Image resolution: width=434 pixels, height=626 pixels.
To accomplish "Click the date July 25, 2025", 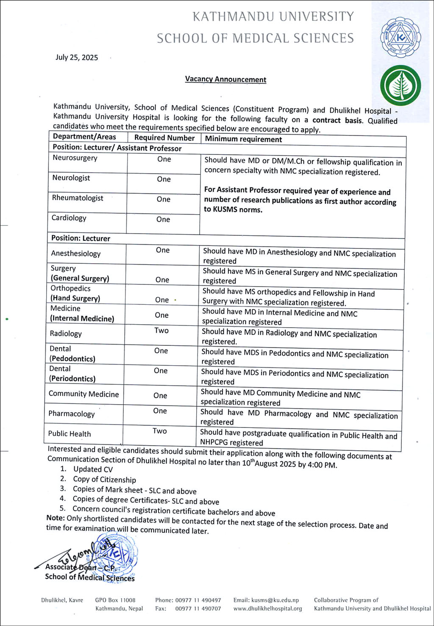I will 77,58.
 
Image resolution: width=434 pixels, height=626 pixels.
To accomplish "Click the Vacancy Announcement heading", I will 225,79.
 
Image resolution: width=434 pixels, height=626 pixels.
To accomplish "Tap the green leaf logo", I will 400,86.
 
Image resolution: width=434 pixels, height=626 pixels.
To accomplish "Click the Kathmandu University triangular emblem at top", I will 400,37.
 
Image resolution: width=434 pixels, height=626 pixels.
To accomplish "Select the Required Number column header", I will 164,138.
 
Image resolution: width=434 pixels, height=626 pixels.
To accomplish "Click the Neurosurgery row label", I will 75,158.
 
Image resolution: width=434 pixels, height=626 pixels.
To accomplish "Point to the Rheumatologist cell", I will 78,198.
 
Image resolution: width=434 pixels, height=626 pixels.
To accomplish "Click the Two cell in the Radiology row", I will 161,331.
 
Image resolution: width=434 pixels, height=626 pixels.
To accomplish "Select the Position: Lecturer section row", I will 81,238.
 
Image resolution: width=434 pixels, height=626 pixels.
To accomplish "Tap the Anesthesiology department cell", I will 76,254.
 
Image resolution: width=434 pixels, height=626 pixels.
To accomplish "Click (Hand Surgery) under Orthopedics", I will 75,298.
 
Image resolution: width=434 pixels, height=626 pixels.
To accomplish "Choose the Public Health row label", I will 70,434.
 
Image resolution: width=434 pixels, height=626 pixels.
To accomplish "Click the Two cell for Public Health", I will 160,431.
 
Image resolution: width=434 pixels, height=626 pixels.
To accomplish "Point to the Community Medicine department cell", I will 83,394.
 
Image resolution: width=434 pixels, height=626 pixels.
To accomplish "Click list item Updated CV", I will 93,469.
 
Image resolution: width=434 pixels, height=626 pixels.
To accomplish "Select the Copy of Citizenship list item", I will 104,480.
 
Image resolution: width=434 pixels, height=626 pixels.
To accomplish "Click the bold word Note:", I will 56,518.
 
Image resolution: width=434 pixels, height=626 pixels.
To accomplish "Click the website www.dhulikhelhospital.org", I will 267,609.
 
